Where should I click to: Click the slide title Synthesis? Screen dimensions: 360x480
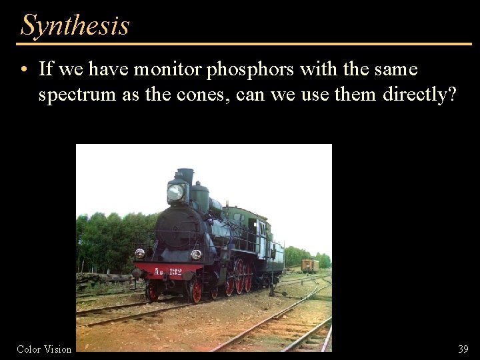(75, 25)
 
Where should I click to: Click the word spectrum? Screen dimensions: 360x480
(77, 95)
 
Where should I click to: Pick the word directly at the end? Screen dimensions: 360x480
(419, 95)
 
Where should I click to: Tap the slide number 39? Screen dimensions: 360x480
(463, 349)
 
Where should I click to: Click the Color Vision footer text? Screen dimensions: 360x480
(44, 349)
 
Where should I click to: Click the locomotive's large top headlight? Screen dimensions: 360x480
(176, 192)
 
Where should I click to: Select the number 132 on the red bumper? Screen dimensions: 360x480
(175, 271)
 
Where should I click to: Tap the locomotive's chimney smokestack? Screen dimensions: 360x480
(185, 175)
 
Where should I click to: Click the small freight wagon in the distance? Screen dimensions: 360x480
(309, 265)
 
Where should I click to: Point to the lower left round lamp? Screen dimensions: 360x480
(139, 253)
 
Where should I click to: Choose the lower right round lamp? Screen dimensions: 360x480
(196, 254)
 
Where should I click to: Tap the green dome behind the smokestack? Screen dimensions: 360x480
(199, 194)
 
